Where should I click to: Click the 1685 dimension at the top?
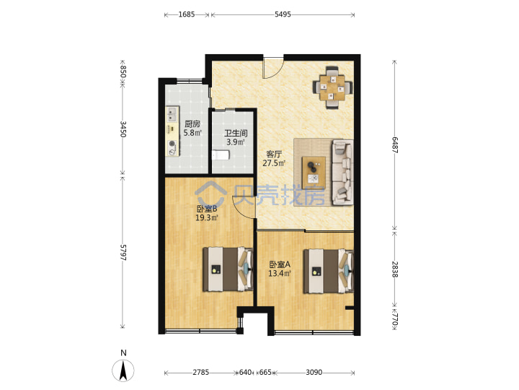tap(187, 14)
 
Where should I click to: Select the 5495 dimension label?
tap(283, 14)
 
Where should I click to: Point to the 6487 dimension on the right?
tap(394, 144)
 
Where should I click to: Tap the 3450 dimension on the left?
tap(123, 129)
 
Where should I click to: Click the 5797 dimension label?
tap(123, 252)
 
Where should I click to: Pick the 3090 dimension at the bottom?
tap(314, 373)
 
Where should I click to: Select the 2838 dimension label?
tap(394, 269)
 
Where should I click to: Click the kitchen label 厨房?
tap(192, 124)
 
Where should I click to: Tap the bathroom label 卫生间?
tap(236, 134)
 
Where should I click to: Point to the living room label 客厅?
tap(274, 155)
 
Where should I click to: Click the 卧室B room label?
tap(207, 209)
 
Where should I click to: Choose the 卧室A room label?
tap(280, 264)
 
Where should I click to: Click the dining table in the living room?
tap(332, 87)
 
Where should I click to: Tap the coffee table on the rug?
tap(314, 170)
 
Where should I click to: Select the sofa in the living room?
tap(342, 172)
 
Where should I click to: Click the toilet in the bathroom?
tap(221, 155)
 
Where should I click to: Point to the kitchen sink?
tap(172, 114)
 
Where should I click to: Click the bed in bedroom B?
tap(228, 269)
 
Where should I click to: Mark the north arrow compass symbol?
tap(123, 370)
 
